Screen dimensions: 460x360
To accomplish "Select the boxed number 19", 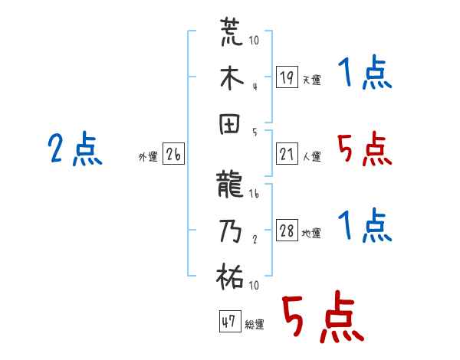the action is (287, 77).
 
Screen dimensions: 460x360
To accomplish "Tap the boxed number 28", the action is (287, 231).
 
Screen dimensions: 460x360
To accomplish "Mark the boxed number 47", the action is (228, 322).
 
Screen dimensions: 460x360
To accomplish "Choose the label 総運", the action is (254, 325).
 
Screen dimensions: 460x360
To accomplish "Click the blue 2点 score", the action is (74, 150).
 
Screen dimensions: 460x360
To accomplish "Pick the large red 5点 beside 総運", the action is (323, 319).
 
